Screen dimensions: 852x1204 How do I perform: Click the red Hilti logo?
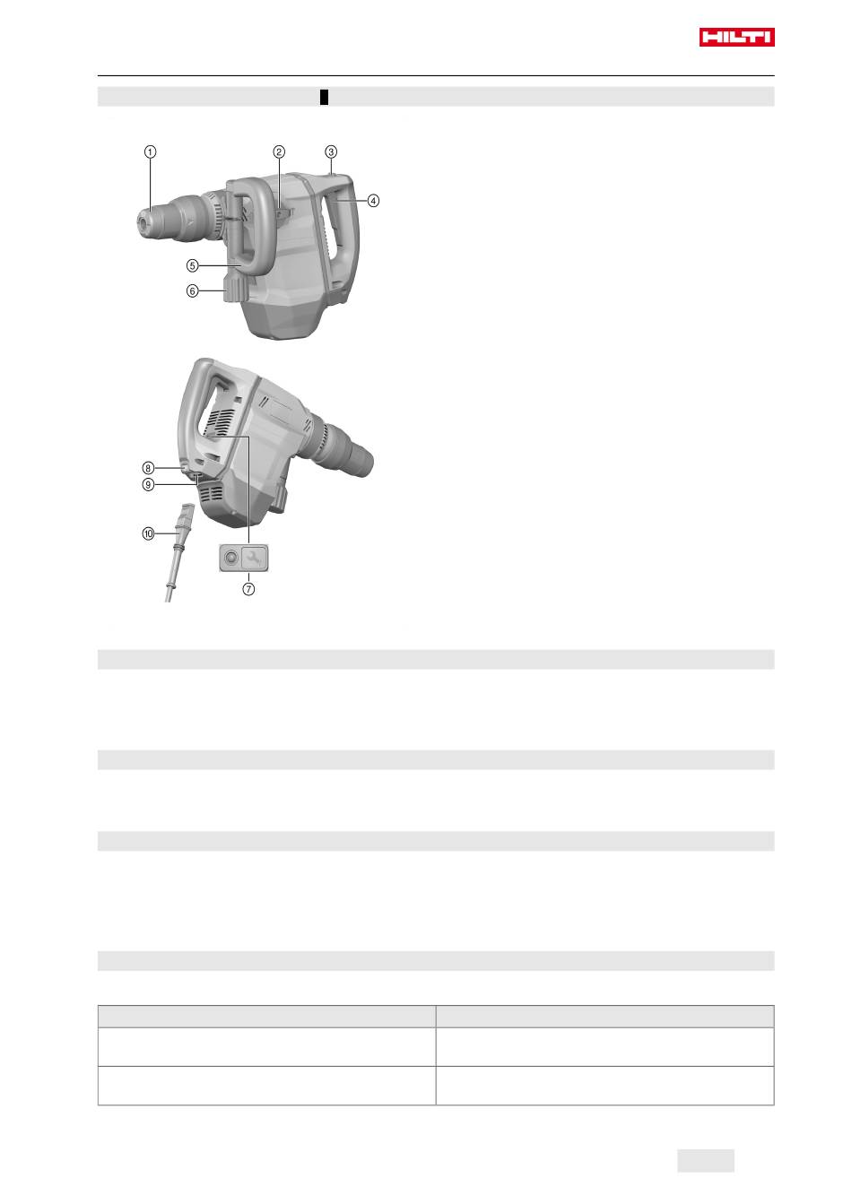(736, 37)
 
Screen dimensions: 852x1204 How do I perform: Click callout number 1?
(150, 152)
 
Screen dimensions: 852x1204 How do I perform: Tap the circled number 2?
(278, 152)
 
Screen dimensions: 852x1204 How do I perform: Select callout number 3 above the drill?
(331, 152)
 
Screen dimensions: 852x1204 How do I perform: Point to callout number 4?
(373, 201)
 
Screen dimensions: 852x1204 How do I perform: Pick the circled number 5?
(193, 265)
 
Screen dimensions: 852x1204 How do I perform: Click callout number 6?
(193, 291)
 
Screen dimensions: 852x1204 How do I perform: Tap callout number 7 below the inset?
(248, 589)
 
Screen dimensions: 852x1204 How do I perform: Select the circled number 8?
(148, 468)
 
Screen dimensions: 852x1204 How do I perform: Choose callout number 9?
(148, 485)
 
